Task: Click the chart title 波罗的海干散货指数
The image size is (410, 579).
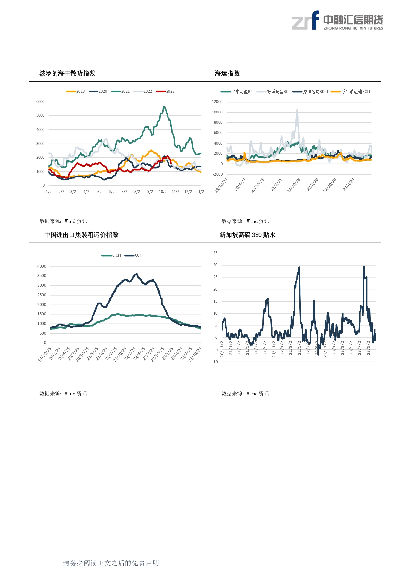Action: [67, 73]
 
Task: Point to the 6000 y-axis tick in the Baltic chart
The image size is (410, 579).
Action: [40, 102]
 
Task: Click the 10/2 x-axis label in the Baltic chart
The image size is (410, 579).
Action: [163, 192]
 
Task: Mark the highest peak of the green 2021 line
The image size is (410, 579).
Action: [164, 107]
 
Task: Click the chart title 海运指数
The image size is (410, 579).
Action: [227, 73]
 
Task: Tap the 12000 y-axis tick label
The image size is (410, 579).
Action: [217, 102]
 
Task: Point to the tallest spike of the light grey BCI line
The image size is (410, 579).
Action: [297, 110]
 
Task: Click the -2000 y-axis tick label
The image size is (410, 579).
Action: [218, 174]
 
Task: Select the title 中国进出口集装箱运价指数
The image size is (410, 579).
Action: [81, 235]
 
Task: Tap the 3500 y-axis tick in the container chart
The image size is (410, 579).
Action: [42, 276]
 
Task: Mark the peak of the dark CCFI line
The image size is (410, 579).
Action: [136, 274]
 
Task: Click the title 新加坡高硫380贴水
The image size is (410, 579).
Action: [247, 235]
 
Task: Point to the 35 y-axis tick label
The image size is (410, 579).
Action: [215, 253]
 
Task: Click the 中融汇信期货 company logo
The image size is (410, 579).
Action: [337, 20]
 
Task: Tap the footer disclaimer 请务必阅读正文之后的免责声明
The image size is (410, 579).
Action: [111, 563]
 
